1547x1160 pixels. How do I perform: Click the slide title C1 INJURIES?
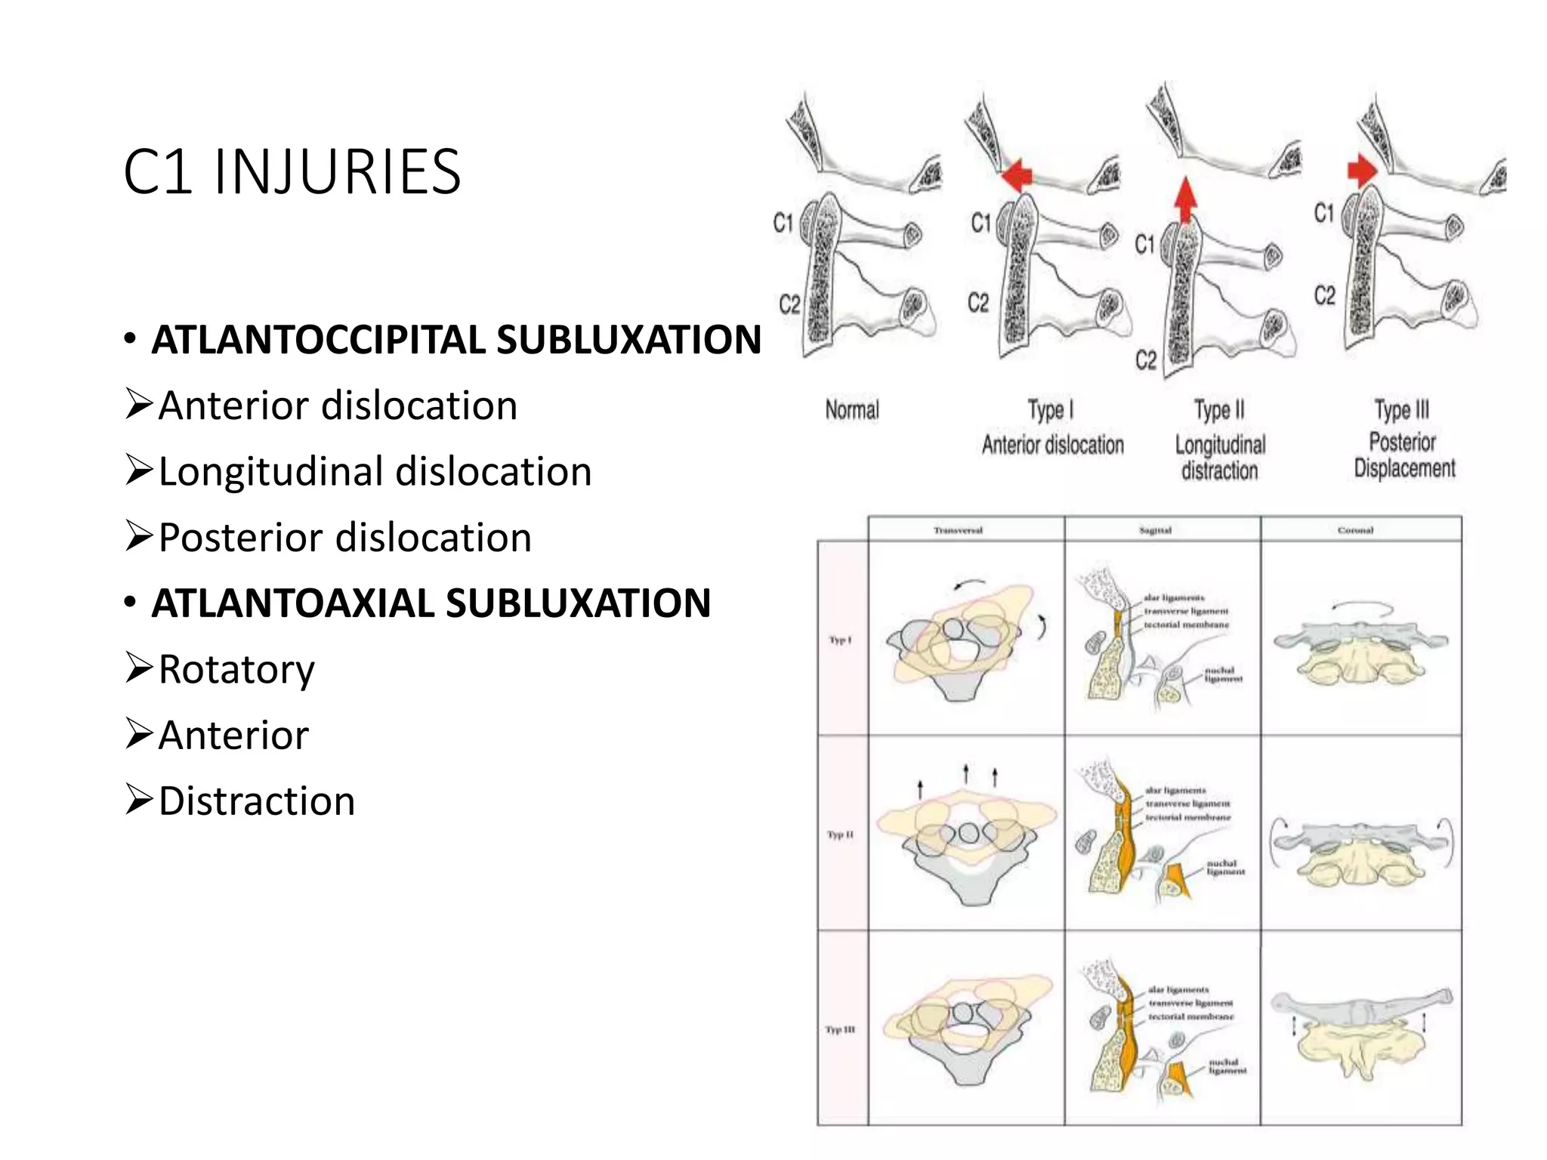[x=292, y=172]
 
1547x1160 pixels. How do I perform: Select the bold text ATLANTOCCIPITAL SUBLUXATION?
[x=456, y=340]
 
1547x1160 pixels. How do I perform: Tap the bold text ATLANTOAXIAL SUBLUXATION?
[x=431, y=603]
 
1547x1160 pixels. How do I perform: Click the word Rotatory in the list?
[x=236, y=669]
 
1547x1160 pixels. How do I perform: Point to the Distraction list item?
[x=256, y=801]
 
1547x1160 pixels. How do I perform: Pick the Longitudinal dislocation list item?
[x=374, y=472]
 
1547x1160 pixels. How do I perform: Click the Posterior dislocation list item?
[x=344, y=538]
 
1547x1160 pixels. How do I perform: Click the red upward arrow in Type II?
[x=1185, y=198]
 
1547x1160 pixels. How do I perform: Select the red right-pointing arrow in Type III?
[x=1362, y=170]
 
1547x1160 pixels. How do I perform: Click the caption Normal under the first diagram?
[x=852, y=410]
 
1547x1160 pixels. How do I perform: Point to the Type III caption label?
[x=1402, y=409]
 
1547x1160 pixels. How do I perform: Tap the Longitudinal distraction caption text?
[x=1220, y=458]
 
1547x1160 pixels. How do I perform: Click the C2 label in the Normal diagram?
[x=789, y=304]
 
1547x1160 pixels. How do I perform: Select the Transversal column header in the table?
[x=958, y=530]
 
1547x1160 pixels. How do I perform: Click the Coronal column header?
[x=1355, y=530]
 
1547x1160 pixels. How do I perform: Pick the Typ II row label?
[x=840, y=835]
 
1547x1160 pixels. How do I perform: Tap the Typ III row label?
[x=840, y=1029]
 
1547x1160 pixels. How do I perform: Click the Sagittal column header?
[x=1155, y=530]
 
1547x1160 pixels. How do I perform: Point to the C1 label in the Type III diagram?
[x=1324, y=212]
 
